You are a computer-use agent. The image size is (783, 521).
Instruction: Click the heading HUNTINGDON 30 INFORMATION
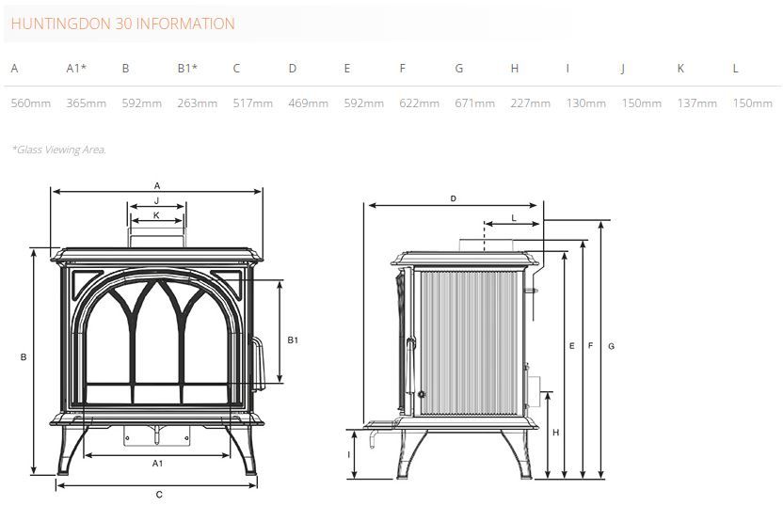[123, 24]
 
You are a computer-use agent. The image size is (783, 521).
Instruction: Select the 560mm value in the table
[31, 103]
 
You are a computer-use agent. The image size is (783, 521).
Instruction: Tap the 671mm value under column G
[474, 103]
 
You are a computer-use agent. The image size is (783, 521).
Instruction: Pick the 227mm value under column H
[531, 103]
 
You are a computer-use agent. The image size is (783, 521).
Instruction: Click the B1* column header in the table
[187, 69]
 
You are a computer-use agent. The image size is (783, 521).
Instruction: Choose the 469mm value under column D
[308, 103]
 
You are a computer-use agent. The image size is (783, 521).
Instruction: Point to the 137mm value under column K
[697, 103]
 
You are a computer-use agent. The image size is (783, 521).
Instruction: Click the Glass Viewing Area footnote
[59, 150]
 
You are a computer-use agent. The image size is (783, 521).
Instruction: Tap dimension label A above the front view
[157, 185]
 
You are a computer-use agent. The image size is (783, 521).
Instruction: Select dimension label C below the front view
[159, 495]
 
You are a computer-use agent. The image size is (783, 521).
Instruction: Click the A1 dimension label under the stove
[157, 464]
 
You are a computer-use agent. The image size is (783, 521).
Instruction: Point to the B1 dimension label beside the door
[293, 340]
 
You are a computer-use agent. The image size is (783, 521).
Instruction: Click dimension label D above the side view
[454, 198]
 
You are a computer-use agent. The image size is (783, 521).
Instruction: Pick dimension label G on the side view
[611, 346]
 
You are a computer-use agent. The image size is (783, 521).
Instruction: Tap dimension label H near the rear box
[556, 433]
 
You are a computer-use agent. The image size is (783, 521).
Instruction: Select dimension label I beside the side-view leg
[348, 454]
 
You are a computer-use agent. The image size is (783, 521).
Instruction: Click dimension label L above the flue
[514, 218]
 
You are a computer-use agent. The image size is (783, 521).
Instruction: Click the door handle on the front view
[257, 364]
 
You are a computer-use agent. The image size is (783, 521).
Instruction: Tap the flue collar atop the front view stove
[157, 238]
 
